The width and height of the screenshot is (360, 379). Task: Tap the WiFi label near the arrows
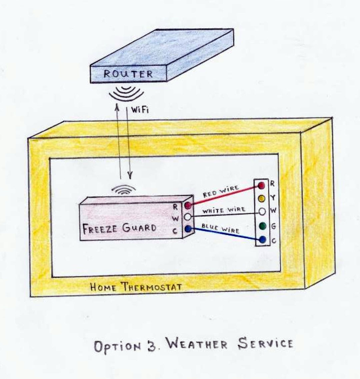[140, 110]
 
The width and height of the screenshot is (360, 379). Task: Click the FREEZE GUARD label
[119, 228]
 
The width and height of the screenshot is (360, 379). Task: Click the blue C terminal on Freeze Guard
[188, 229]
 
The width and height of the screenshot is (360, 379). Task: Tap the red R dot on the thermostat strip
[262, 185]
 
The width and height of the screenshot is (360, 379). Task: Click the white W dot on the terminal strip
[262, 211]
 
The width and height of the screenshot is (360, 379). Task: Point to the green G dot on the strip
[262, 226]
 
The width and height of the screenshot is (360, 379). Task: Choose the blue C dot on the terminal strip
[262, 239]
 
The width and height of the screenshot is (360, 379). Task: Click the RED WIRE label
[221, 191]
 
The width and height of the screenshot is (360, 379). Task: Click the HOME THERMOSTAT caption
[136, 286]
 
